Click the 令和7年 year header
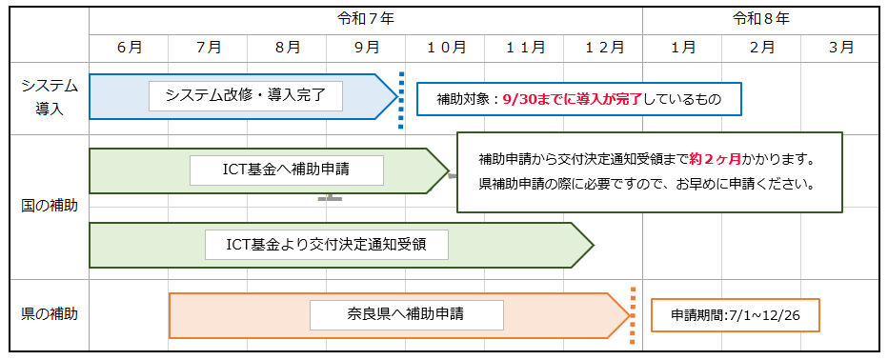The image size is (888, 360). coord(366,18)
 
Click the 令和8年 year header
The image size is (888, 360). coord(760,18)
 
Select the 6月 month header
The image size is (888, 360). coord(130,46)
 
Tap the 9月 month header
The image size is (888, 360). coord(367,46)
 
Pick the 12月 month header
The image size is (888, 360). coord(604,46)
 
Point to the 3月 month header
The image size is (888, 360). coord(840,46)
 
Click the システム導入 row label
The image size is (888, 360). coord(50,97)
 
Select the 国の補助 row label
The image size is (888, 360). coord(50,205)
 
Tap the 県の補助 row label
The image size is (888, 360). coord(50,313)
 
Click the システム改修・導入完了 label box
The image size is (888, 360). coord(246,95)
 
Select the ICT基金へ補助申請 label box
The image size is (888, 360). coord(287,170)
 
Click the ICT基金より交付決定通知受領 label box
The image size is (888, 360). coord(326,244)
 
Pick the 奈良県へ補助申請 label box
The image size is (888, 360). coord(406,313)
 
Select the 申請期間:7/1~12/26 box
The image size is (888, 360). coord(735,314)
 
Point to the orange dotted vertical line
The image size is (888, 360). coord(633,315)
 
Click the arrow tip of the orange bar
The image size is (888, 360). coord(624,315)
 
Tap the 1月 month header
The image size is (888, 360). coord(682,46)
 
